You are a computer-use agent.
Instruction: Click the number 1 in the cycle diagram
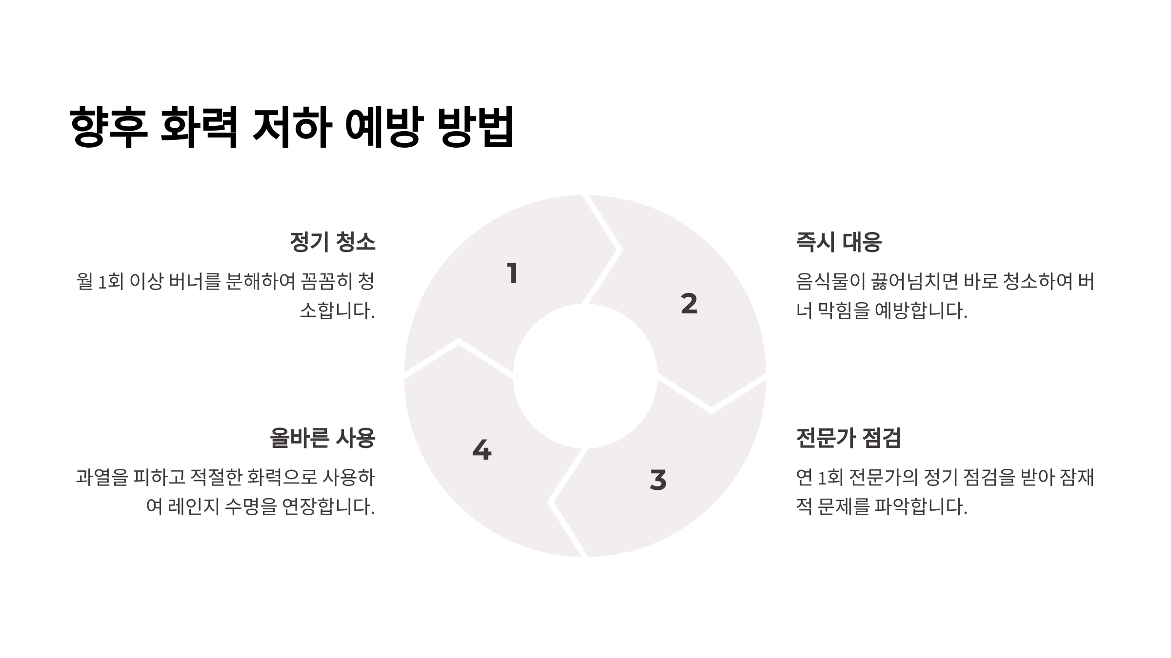[x=512, y=273]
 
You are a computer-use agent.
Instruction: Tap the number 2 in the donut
[x=689, y=304]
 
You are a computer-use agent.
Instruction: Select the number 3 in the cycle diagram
[x=658, y=480]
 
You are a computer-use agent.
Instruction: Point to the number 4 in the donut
[x=482, y=450]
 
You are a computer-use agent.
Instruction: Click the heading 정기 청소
[x=332, y=242]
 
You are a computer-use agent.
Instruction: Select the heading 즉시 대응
[x=838, y=242]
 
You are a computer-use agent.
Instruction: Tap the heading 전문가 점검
[x=848, y=438]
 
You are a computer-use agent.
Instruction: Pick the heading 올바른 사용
[x=322, y=438]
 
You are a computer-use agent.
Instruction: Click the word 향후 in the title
[x=108, y=127]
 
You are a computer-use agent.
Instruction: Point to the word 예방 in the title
[x=382, y=127]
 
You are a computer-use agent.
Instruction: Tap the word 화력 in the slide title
[x=199, y=127]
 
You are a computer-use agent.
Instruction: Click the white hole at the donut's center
[x=585, y=376]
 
